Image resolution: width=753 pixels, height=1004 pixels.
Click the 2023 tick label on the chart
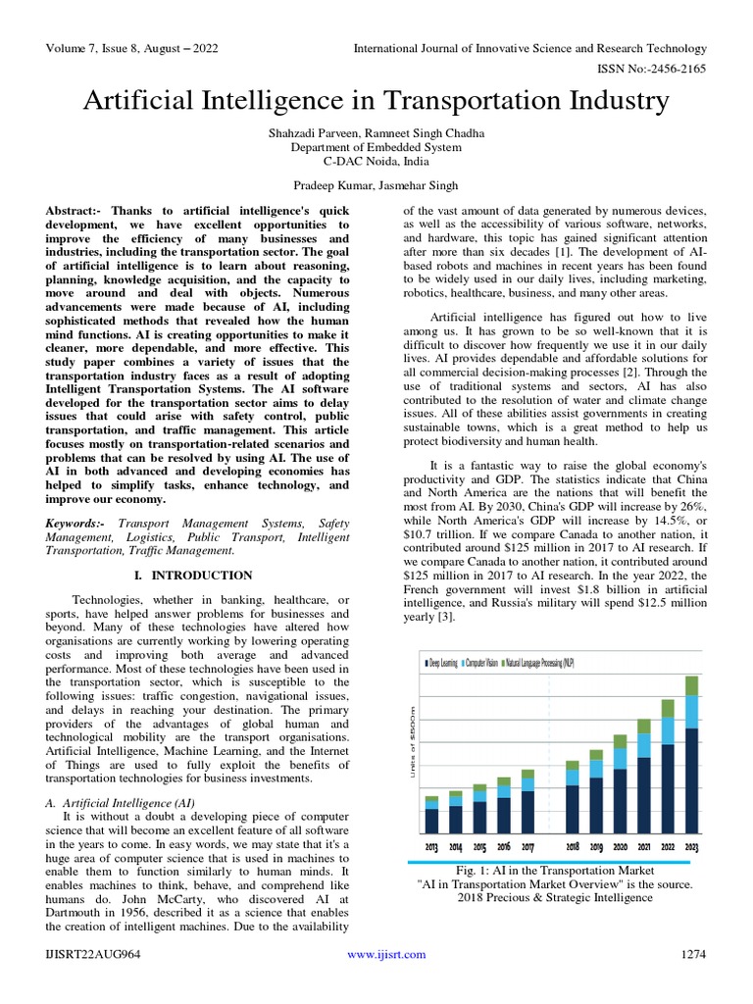692,846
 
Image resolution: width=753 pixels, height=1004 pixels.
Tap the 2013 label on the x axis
431,846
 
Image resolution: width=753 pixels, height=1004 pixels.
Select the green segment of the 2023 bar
692,685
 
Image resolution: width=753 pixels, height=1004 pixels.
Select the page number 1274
693,954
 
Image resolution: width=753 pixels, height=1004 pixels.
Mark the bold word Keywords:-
76,524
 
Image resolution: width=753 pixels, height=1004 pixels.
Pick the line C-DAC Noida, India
376,161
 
